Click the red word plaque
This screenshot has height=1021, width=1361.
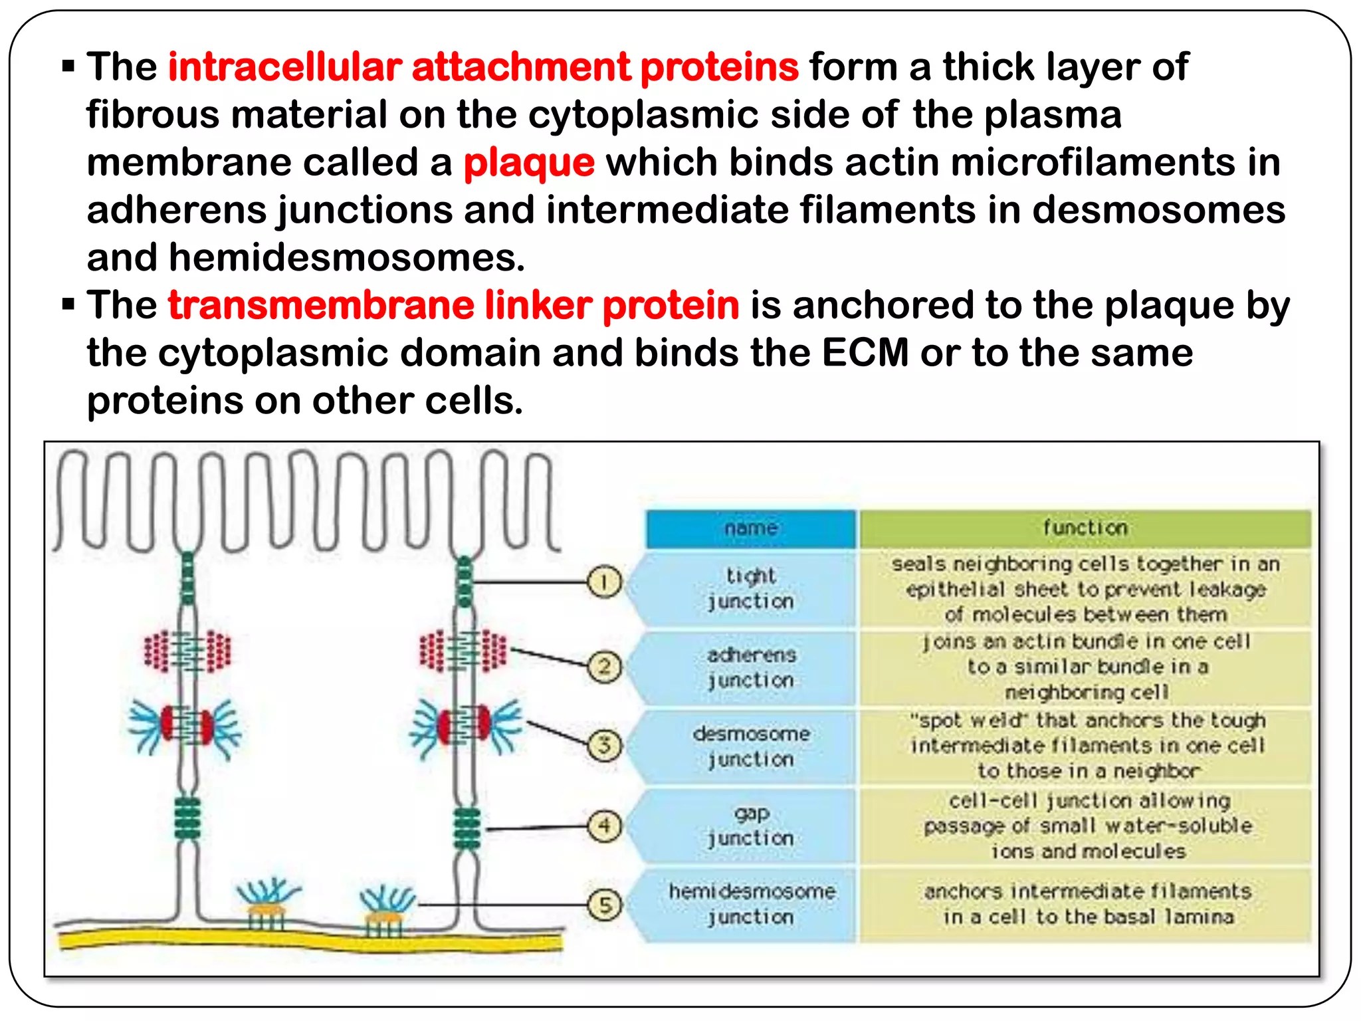528,163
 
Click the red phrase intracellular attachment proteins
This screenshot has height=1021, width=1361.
483,67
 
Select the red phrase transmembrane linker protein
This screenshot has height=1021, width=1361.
453,306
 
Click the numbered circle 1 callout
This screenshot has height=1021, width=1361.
603,582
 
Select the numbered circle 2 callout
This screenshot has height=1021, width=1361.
603,666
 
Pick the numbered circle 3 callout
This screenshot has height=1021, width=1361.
603,744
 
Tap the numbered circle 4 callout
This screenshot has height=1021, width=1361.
603,826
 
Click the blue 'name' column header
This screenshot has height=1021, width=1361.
750,528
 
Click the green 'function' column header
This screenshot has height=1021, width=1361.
1085,528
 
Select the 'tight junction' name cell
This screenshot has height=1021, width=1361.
750,588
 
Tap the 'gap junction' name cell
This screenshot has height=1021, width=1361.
750,826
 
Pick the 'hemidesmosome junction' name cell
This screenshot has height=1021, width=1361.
751,904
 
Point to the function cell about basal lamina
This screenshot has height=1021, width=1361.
1087,904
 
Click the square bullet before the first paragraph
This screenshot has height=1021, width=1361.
68,66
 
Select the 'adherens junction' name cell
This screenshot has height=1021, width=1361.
750,667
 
